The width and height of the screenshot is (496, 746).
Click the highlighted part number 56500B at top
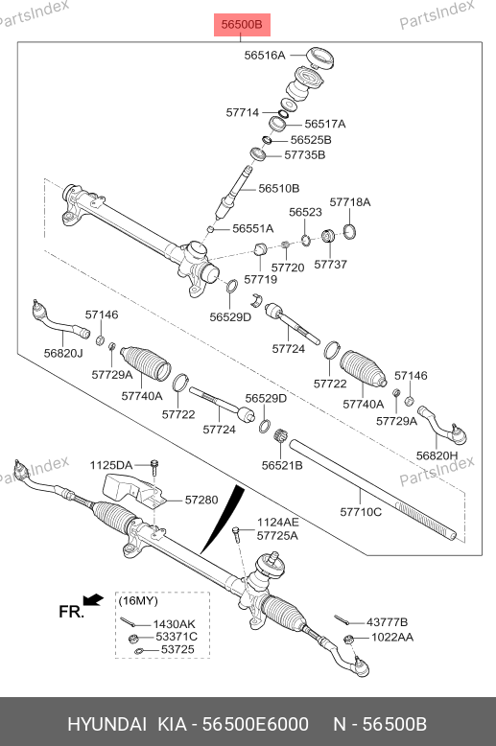[x=242, y=24]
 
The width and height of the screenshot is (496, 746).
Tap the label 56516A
[x=265, y=56]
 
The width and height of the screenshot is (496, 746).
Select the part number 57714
[x=243, y=113]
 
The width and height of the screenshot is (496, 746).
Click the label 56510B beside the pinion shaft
[x=279, y=188]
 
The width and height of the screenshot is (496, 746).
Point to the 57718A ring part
[x=349, y=231]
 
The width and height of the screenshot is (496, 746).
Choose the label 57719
[x=260, y=279]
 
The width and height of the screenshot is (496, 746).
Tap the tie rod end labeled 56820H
[x=442, y=425]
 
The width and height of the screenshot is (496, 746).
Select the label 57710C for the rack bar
[x=361, y=512]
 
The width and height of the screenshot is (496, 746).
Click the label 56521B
[x=282, y=465]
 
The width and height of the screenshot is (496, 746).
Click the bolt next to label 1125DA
[x=154, y=468]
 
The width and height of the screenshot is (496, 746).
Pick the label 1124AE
[x=278, y=523]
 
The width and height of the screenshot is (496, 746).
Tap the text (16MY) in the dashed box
[x=138, y=600]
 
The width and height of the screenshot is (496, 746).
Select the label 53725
[x=177, y=649]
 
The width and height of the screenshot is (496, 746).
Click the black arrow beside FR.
[x=93, y=599]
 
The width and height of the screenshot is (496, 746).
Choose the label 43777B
[x=387, y=622]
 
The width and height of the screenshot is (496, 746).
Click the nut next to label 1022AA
[x=348, y=640]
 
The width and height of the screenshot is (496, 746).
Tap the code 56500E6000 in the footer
[x=255, y=724]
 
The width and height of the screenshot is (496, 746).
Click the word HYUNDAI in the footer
[x=107, y=724]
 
